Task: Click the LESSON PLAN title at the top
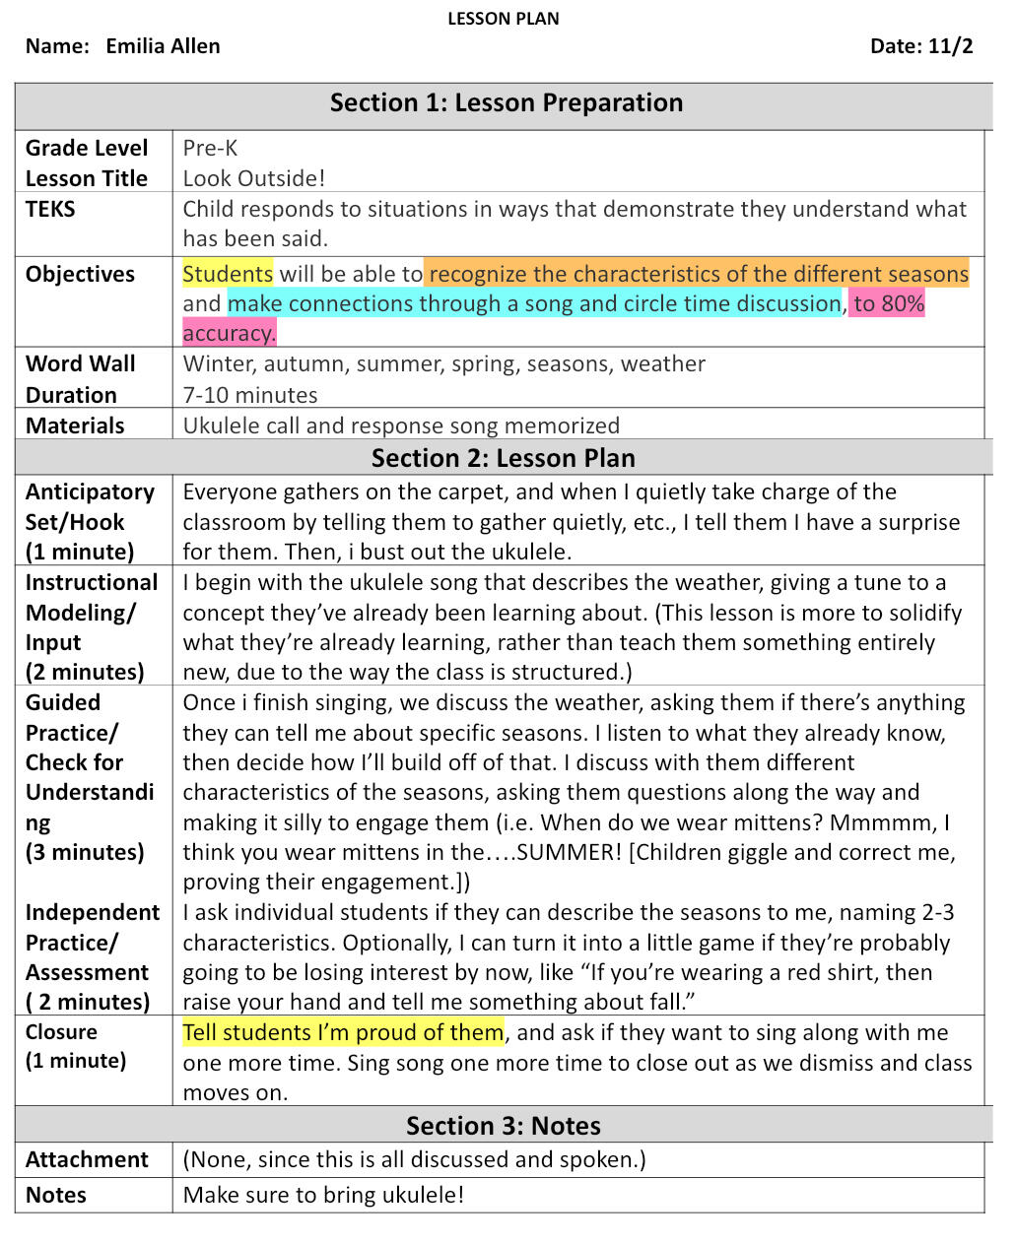(503, 19)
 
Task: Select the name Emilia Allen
(163, 46)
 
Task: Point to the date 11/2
(950, 46)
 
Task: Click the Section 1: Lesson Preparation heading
(506, 103)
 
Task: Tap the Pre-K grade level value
(210, 149)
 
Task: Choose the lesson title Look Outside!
(253, 178)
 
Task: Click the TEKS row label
(50, 209)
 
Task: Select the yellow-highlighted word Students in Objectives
(228, 274)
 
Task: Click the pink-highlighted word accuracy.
(229, 333)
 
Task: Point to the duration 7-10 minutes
(250, 395)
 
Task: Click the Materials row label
(75, 426)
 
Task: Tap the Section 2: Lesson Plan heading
(503, 458)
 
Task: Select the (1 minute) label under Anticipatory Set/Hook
(80, 552)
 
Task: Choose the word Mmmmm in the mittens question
(883, 822)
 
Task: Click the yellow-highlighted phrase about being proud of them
(343, 1032)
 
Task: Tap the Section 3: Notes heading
(503, 1126)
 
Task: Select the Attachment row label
(87, 1159)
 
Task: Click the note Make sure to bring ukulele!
(323, 1195)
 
